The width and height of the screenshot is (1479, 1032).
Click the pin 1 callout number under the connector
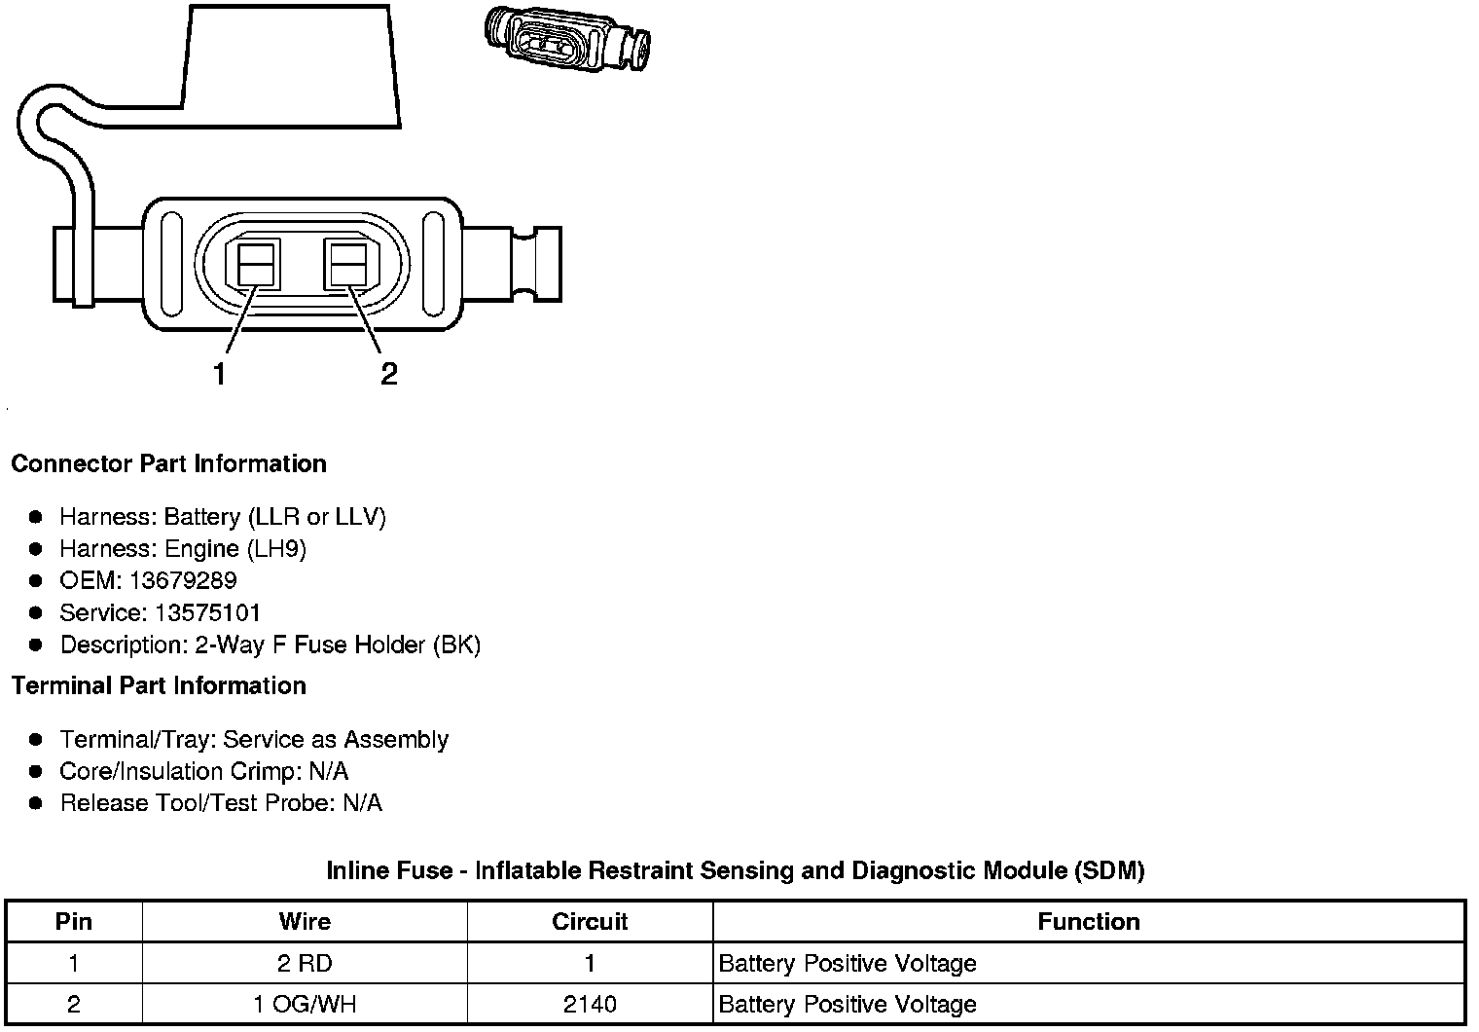point(219,374)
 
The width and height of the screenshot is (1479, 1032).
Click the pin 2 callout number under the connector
point(389,374)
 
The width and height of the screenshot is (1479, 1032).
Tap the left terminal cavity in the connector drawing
point(256,264)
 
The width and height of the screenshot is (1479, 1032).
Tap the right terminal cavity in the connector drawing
point(348,264)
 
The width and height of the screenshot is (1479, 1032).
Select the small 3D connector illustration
point(568,40)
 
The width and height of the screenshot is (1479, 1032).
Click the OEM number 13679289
point(183,581)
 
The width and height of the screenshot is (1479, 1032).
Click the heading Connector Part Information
point(169,463)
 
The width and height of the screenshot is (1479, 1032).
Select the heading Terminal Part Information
point(160,685)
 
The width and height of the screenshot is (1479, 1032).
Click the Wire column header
point(306,922)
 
